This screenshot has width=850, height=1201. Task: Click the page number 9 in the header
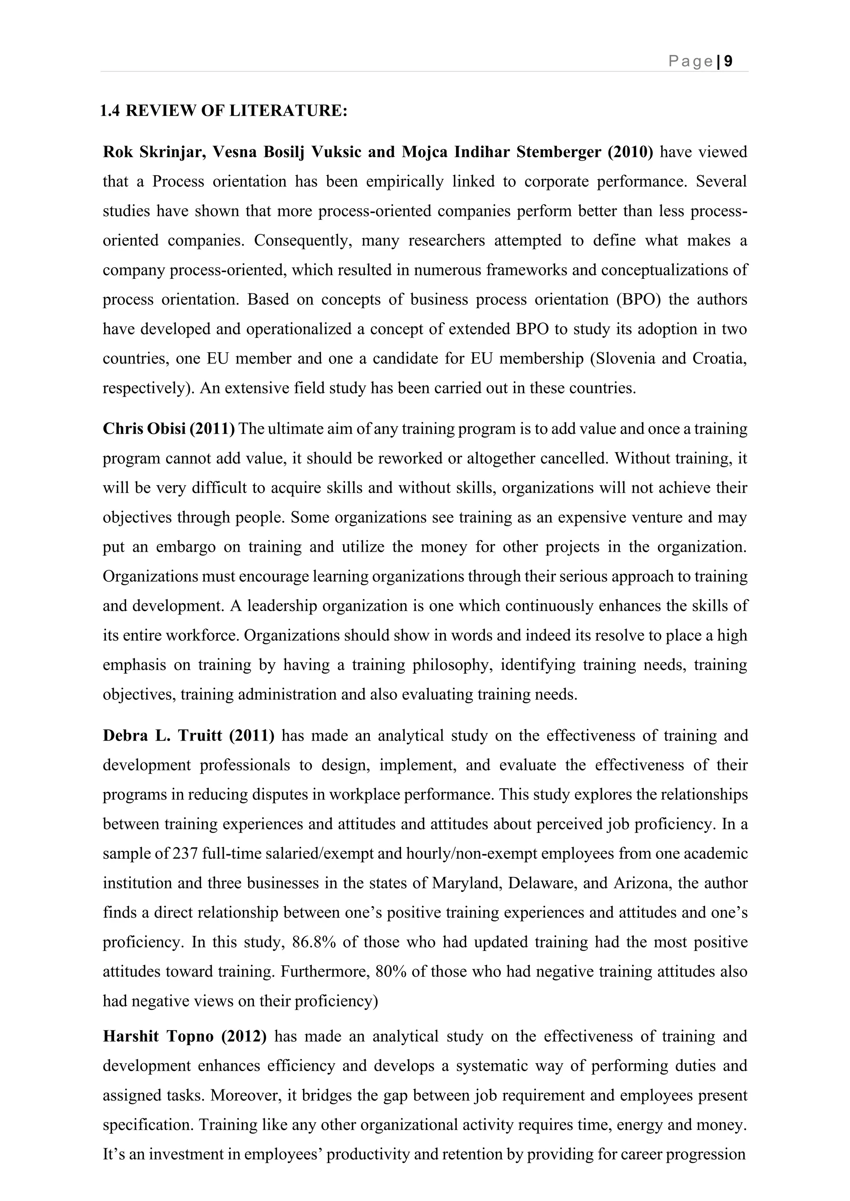coord(728,62)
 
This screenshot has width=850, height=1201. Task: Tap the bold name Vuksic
coord(335,152)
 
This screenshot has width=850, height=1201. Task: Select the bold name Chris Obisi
coord(144,429)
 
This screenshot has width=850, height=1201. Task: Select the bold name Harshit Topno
coord(158,1037)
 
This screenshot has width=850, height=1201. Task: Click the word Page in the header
coord(690,62)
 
